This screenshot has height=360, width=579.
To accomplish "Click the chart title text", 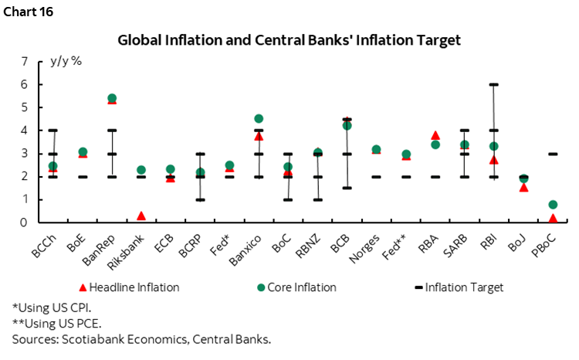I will tap(289, 39).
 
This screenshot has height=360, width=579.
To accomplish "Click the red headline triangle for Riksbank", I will tap(141, 216).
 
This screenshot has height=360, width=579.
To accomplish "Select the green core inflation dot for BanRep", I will tap(112, 98).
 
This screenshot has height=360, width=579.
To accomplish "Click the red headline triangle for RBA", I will tap(435, 135).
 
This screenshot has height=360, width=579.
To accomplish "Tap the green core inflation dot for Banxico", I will tap(259, 119).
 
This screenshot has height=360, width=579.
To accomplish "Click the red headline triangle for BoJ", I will tap(523, 187).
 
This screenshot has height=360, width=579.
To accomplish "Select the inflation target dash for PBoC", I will tap(554, 154).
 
